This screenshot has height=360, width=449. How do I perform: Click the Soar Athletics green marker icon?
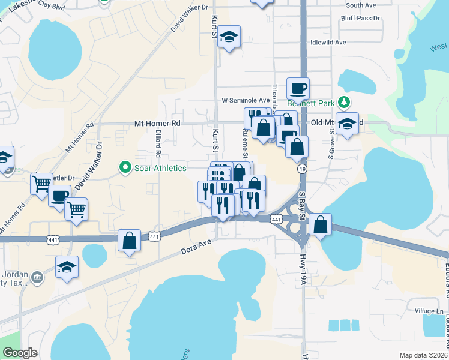click(125, 167)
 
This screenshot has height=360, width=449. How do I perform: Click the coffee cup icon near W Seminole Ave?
click(298, 89)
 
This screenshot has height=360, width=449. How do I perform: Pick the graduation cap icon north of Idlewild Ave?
click(229, 37)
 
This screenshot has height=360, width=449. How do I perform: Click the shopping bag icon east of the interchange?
click(321, 225)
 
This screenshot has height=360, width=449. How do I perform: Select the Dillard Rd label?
click(158, 145)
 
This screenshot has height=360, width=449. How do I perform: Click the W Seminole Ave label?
click(246, 100)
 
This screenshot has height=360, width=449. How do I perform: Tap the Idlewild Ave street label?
click(328, 43)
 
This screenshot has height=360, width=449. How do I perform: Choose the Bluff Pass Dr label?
click(360, 18)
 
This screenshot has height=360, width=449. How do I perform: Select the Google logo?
click(20, 352)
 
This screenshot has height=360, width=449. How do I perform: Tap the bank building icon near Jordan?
click(37, 277)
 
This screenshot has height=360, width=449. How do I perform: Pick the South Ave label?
click(361, 5)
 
